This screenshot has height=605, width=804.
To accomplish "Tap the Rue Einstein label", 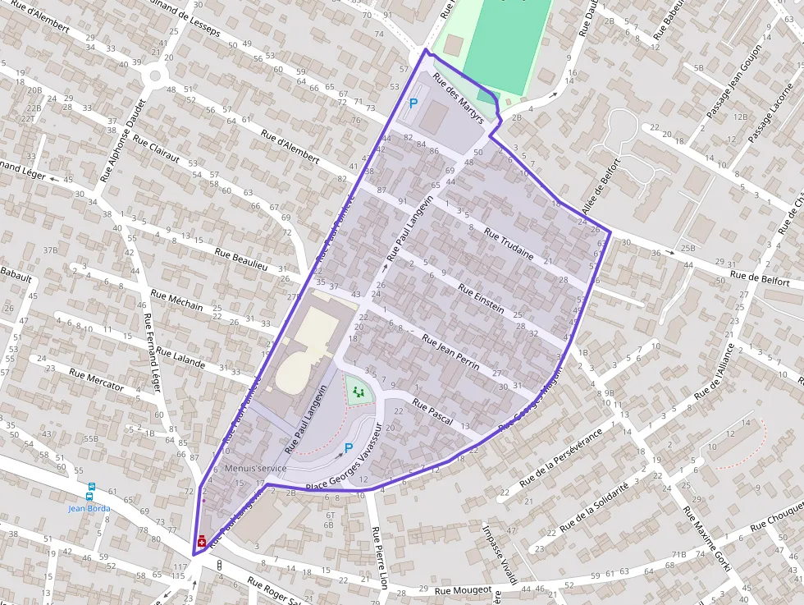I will pyautogui.click(x=481, y=299).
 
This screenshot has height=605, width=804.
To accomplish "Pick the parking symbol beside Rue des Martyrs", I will pyautogui.click(x=413, y=104).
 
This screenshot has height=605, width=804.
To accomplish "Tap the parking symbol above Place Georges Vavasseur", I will pyautogui.click(x=349, y=448).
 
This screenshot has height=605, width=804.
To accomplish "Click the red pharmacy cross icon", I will pyautogui.click(x=202, y=541).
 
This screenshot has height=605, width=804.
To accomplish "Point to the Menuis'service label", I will pyautogui.click(x=255, y=468).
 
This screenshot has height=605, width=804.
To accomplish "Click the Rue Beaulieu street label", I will pyautogui.click(x=241, y=259).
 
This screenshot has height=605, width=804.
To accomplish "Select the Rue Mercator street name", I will pyautogui.click(x=97, y=379).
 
